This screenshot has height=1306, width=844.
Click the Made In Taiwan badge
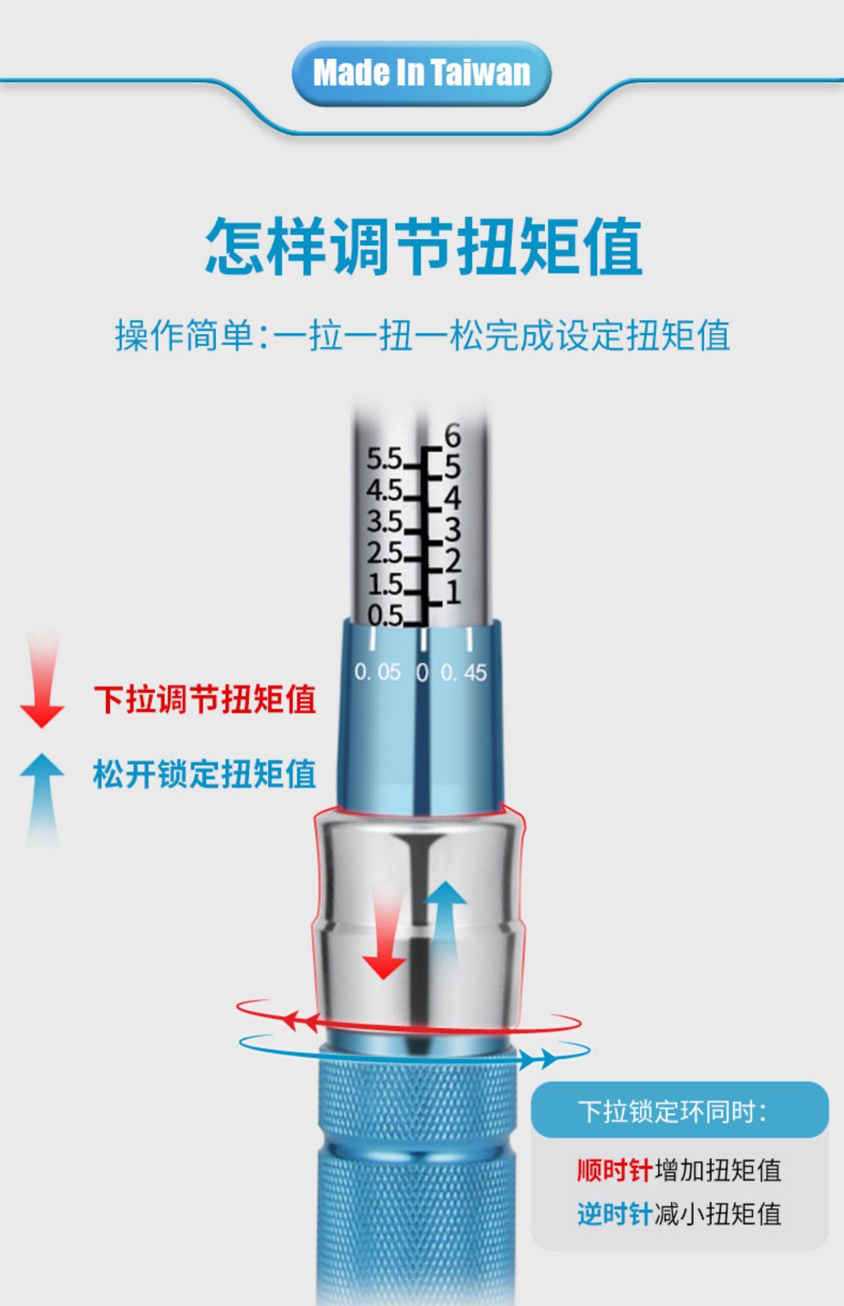point(421,73)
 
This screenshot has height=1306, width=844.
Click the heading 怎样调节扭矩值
point(423,247)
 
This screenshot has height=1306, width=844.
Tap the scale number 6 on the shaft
point(452,435)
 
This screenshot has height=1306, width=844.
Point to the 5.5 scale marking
point(384,459)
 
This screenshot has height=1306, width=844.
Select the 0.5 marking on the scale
point(384,615)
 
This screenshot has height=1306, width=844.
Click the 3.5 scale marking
point(384,522)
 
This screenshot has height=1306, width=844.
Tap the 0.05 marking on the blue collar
point(378,672)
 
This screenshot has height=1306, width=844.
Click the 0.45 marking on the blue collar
point(464,672)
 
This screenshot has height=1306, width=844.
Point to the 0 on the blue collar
point(422,672)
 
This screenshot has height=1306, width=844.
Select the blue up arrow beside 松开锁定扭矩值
point(42,799)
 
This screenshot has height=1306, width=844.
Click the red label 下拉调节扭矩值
point(205,699)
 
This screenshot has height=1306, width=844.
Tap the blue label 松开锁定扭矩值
point(205,773)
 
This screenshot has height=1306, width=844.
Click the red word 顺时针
point(614,1170)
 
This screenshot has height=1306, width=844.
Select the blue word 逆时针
point(614,1214)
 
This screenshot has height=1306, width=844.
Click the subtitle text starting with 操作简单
point(422,335)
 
